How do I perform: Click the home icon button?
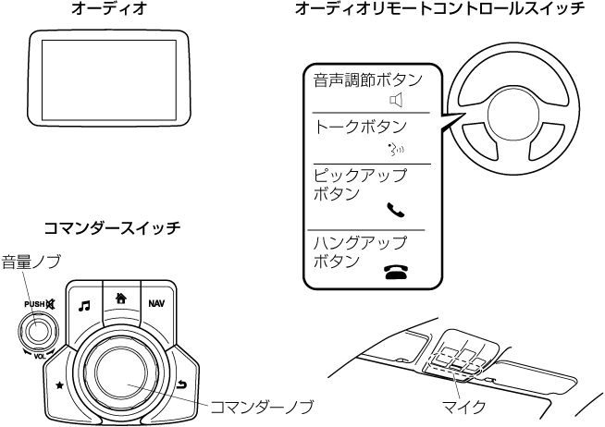[x=119, y=299]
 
